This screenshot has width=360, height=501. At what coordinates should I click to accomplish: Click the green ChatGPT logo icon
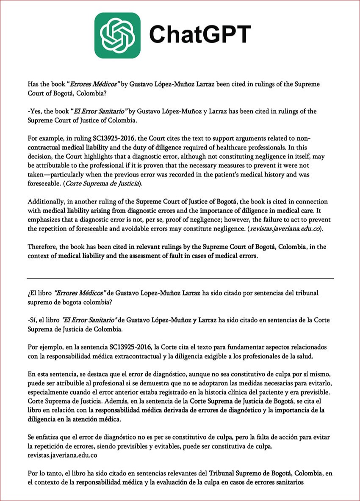(x=117, y=36)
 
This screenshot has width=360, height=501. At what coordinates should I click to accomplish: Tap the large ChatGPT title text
(x=200, y=34)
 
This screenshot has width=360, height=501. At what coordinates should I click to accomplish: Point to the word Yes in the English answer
(x=36, y=111)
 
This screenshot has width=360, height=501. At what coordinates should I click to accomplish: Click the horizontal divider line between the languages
(x=180, y=278)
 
